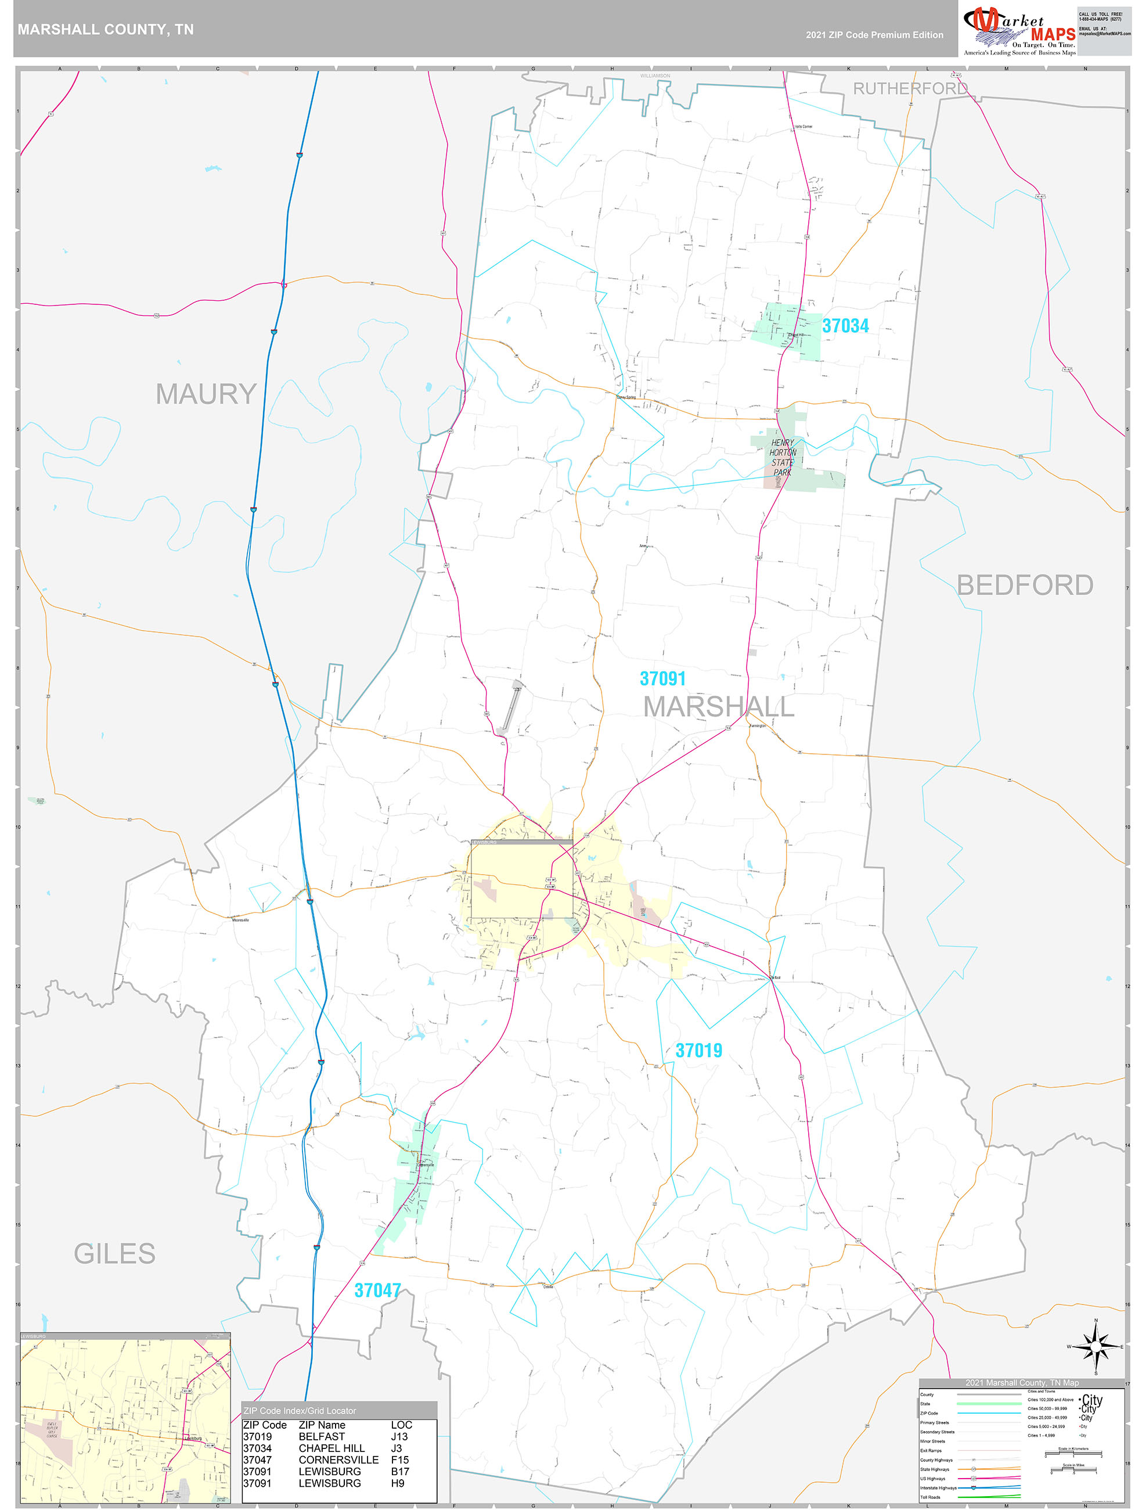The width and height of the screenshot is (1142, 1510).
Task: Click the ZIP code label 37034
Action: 845,326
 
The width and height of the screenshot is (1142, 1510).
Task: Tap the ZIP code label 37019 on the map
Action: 698,1050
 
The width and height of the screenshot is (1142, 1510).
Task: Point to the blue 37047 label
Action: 377,1290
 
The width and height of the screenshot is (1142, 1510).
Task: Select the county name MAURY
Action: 206,394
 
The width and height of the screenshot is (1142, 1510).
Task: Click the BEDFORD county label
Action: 1024,585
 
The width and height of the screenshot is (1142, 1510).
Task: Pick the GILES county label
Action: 115,1253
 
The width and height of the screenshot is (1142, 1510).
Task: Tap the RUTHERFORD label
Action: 910,89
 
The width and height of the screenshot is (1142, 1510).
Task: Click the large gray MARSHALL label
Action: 718,707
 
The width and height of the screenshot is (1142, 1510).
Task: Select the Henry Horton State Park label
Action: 782,458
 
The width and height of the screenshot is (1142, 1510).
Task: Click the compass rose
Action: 1096,1346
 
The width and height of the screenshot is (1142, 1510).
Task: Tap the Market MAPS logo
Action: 1019,31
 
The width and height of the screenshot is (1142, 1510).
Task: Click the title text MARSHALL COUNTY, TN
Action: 106,30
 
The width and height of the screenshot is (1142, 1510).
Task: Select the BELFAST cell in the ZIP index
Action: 322,1436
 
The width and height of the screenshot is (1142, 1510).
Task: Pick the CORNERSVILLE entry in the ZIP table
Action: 338,1459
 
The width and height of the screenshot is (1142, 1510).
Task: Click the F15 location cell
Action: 399,1459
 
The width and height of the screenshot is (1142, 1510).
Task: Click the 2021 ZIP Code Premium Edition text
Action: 874,35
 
